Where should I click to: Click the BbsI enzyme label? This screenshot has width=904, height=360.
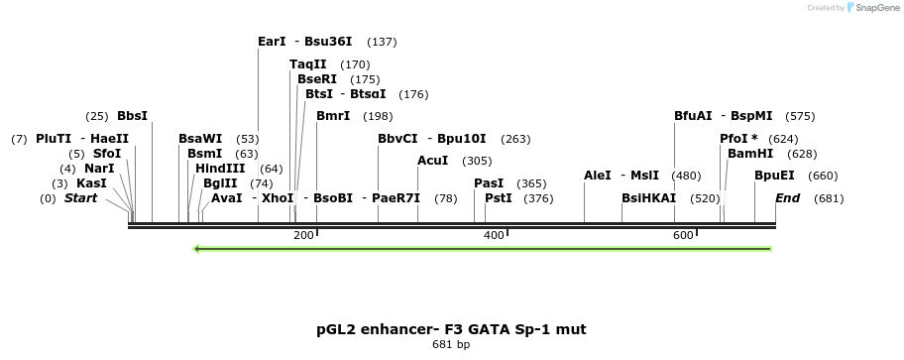click(132, 116)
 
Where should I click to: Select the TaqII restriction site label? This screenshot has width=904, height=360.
click(308, 64)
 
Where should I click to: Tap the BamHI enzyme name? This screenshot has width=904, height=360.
click(750, 154)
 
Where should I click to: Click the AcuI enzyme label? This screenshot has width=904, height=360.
click(433, 161)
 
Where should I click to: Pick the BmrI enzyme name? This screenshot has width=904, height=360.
click(333, 116)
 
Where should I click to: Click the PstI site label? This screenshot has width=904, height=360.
click(499, 198)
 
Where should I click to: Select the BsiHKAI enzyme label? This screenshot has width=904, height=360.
click(648, 198)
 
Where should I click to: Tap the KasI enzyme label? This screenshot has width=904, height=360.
click(91, 183)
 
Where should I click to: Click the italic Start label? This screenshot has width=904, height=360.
click(81, 198)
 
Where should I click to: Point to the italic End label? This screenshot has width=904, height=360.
click(788, 198)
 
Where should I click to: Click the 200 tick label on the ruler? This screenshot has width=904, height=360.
click(303, 235)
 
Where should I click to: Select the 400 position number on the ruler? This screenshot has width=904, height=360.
click(493, 235)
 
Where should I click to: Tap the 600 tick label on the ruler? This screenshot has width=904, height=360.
click(682, 235)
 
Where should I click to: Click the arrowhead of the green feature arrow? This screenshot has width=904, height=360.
click(198, 248)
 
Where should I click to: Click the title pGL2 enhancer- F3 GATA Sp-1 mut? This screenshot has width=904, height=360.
click(451, 328)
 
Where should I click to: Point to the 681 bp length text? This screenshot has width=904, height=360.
click(451, 345)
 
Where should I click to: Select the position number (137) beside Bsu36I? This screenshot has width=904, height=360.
click(382, 42)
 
